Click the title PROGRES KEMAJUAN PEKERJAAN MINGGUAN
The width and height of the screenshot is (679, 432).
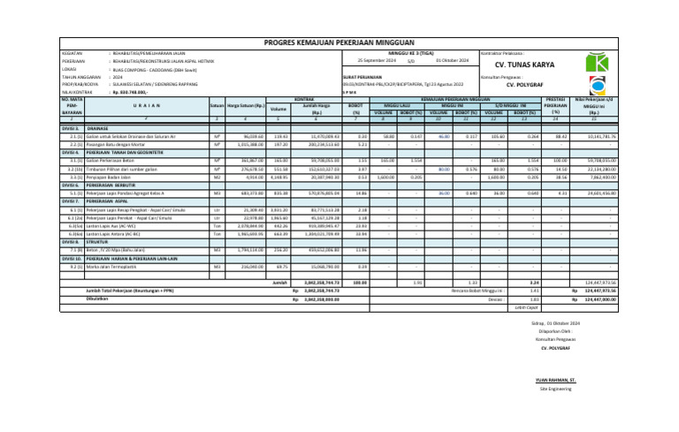click(x=339, y=42)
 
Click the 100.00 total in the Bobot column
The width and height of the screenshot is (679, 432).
click(x=359, y=282)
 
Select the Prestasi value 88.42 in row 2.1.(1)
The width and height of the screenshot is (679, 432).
click(x=560, y=137)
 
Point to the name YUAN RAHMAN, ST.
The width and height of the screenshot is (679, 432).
click(x=554, y=379)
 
